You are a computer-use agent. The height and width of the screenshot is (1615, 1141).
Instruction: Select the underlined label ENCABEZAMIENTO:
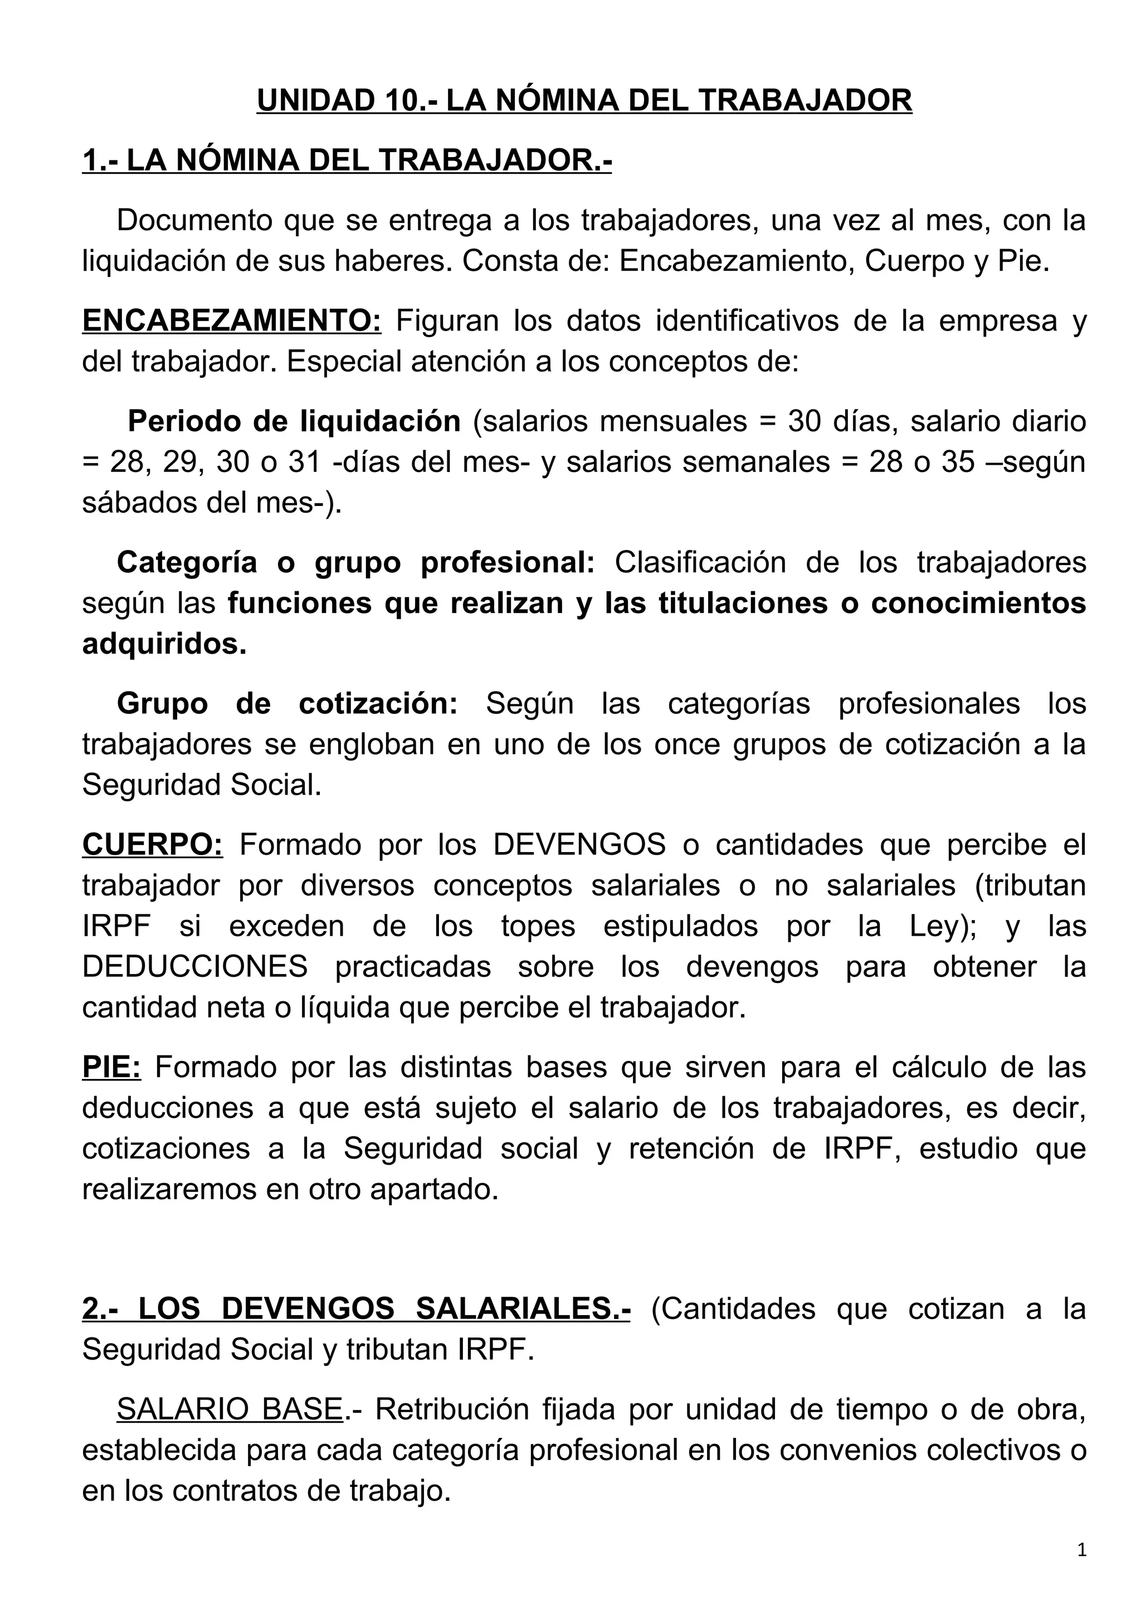(x=231, y=322)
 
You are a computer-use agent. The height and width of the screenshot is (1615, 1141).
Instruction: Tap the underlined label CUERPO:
(x=153, y=845)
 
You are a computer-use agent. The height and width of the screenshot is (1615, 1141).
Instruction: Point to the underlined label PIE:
(x=112, y=1067)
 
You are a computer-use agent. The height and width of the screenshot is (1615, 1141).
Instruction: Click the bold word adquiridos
(x=164, y=644)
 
